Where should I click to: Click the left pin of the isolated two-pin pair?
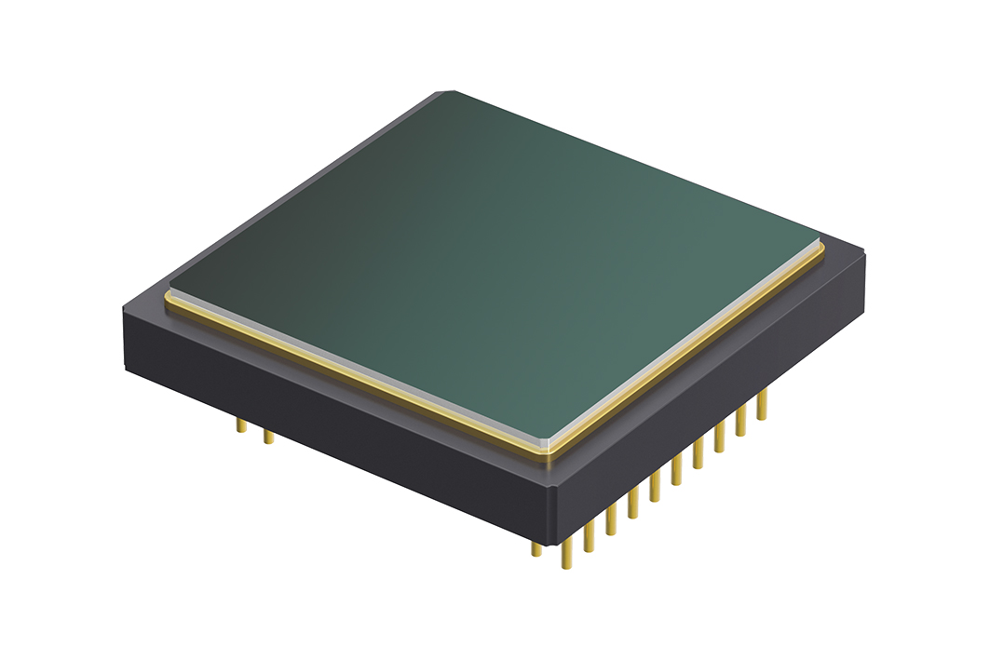coord(241,426)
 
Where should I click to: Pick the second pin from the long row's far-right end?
coord(741,421)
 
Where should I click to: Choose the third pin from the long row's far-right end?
coord(720,436)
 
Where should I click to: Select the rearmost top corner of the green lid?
coord(445,93)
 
